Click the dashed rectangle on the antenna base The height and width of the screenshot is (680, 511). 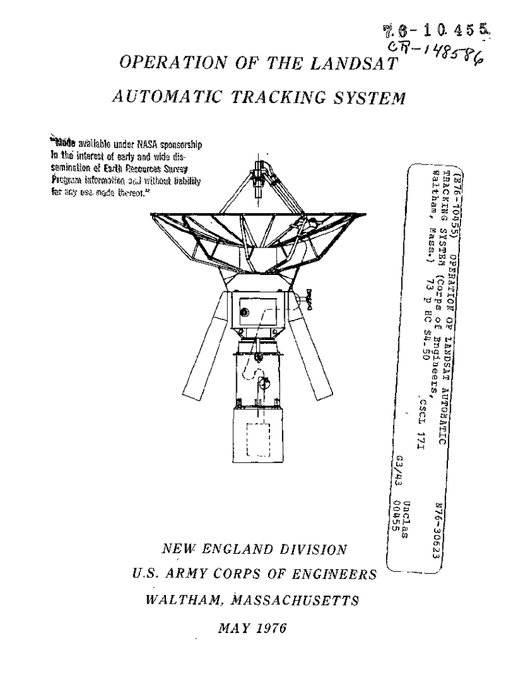click(x=259, y=439)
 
